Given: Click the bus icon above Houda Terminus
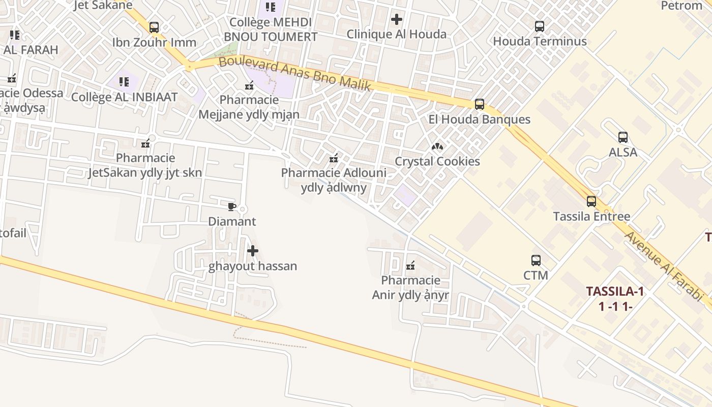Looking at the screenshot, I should (540, 26).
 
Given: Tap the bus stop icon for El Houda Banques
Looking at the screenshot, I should (479, 104).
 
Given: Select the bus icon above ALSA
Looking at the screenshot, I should (622, 137).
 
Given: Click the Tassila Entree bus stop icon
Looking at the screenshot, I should (591, 201).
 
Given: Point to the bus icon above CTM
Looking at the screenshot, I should (536, 260).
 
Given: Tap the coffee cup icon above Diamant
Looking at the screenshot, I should (232, 207).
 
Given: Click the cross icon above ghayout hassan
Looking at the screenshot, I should (252, 251).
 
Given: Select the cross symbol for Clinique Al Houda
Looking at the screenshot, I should (396, 19).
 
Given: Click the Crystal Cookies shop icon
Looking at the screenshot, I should (437, 147).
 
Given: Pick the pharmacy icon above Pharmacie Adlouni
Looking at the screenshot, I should (334, 158).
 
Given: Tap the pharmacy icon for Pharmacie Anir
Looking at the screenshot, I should (410, 266).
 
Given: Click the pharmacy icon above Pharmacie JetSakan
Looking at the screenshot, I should (145, 143).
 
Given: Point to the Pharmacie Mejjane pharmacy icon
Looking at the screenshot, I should (249, 85).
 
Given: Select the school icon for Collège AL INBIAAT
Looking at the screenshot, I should (124, 81).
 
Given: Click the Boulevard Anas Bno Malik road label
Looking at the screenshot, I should (295, 74).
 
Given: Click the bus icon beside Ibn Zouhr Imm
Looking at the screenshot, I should (154, 27).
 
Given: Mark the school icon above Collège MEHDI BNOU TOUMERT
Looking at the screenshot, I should (270, 7).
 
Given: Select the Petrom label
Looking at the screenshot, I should (681, 6).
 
